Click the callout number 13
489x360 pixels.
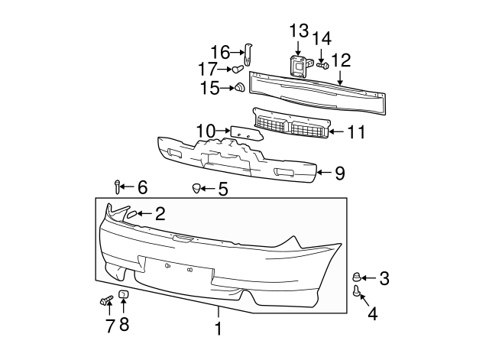tap(299, 31)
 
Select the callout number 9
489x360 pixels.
tap(340, 173)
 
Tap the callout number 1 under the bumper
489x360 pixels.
tap(219, 329)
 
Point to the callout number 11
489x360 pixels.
tap(356, 132)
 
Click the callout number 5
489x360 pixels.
tap(223, 189)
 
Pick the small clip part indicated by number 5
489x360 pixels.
tap(196, 188)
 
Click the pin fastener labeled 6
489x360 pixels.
tap(117, 186)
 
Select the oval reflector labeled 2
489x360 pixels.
tap(131, 214)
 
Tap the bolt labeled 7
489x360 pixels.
tap(106, 300)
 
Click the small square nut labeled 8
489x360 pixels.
tap(124, 294)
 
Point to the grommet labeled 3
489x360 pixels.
tap(356, 277)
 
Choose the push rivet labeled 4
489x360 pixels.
tap(357, 290)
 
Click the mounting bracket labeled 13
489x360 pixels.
tap(297, 66)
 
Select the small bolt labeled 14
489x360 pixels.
tap(323, 66)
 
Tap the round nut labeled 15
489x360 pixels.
tap(239, 87)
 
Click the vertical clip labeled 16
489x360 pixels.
tap(248, 54)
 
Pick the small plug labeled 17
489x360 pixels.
tap(238, 69)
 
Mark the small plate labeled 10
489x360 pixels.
tap(246, 133)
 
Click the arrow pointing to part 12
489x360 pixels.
tap(340, 78)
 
